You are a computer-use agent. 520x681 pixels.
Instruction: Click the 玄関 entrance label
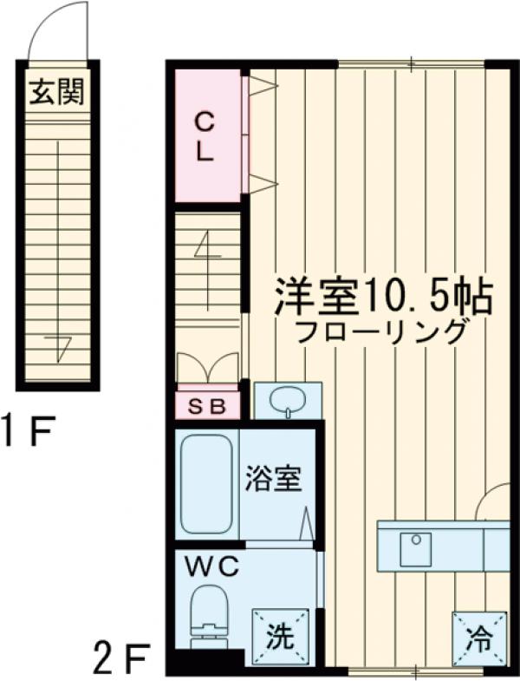coord(58,93)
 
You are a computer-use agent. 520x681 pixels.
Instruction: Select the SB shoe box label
coord(208,405)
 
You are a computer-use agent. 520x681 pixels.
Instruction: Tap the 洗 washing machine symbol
coord(280,638)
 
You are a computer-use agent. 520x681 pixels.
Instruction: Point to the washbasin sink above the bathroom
coord(287,401)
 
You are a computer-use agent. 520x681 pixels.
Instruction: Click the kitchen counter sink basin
coord(415,548)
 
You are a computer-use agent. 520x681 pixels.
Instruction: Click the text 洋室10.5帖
coord(385,298)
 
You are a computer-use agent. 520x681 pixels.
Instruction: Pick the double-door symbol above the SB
coord(208,366)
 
